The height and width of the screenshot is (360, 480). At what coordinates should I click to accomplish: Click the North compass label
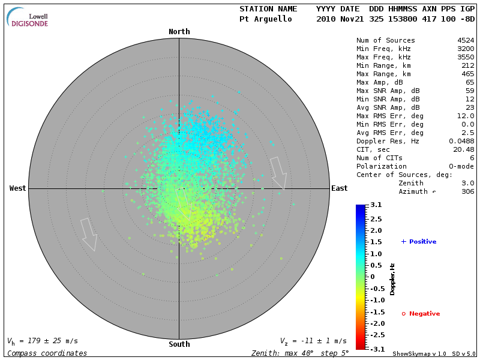click(179, 32)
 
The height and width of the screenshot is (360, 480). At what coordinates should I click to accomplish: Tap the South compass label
click(179, 344)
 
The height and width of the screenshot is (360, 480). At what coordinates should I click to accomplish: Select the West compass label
click(18, 188)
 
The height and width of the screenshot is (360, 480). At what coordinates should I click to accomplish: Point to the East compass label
click(340, 188)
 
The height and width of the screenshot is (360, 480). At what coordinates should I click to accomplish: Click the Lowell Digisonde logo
click(28, 18)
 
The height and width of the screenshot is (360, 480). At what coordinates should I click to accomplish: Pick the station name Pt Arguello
click(265, 19)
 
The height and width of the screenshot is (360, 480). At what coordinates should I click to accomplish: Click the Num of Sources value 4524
click(466, 40)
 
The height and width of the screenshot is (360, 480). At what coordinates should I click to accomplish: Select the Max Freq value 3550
click(466, 57)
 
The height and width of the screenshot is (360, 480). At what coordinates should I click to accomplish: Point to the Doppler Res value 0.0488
click(461, 141)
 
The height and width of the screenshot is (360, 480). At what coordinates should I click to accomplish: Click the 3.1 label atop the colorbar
click(376, 205)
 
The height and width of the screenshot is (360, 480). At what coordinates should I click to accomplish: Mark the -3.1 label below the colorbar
click(375, 349)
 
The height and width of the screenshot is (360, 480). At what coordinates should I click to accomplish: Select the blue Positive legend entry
click(419, 242)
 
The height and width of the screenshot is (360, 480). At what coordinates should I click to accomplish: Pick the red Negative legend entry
click(421, 314)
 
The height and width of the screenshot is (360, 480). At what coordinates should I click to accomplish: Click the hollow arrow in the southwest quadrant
click(89, 234)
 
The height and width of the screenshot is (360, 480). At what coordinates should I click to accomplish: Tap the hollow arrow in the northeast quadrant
click(278, 173)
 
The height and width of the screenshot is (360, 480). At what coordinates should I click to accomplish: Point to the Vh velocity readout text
click(42, 341)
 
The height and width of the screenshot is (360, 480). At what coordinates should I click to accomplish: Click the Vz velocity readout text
click(313, 341)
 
